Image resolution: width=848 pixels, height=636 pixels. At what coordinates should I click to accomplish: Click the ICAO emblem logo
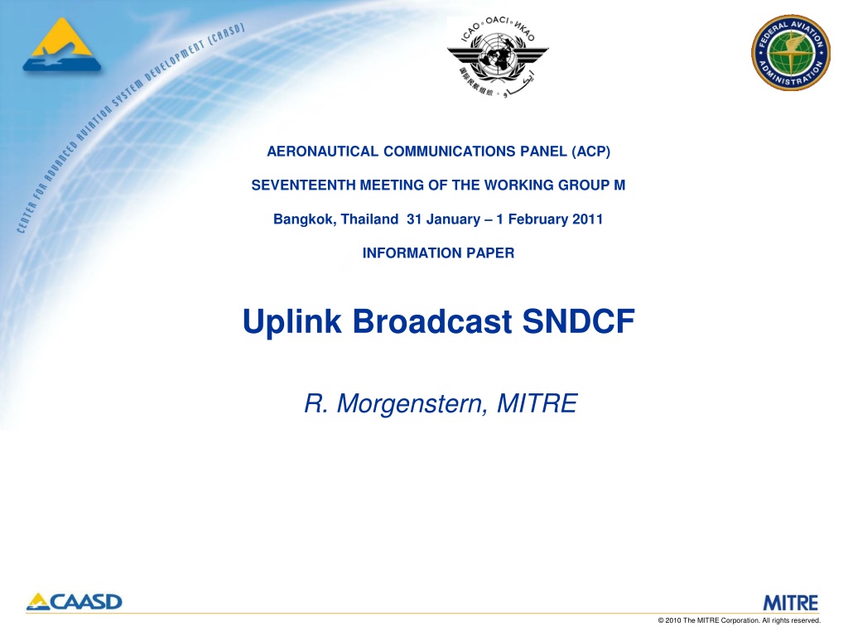click(x=498, y=57)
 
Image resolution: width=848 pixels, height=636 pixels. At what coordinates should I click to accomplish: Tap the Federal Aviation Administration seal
click(x=791, y=52)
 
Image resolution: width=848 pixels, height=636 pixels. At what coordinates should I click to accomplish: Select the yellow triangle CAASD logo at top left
click(x=61, y=45)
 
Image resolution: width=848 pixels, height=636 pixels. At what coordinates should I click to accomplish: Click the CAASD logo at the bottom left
click(x=74, y=602)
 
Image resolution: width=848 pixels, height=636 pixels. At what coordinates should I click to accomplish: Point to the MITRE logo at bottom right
click(x=791, y=603)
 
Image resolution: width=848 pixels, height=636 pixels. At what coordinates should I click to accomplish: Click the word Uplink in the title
click(x=292, y=322)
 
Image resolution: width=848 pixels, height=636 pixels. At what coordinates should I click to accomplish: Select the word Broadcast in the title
click(x=432, y=321)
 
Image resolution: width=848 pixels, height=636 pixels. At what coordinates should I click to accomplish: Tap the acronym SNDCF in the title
click(x=578, y=321)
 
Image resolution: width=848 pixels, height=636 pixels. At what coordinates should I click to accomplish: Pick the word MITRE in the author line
click(x=537, y=403)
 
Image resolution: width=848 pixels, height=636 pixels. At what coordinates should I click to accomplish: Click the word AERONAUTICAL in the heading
click(x=323, y=152)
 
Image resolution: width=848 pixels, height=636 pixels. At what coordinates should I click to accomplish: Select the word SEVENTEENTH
click(x=303, y=185)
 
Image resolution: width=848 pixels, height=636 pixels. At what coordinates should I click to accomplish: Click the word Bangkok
click(x=305, y=219)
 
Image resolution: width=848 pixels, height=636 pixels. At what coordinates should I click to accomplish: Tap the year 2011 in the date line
click(x=587, y=219)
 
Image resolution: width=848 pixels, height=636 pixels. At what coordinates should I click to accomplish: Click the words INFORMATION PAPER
click(x=439, y=253)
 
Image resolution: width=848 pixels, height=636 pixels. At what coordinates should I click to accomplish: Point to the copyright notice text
click(x=740, y=620)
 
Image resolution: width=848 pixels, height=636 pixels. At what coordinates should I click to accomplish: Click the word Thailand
click(x=369, y=219)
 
